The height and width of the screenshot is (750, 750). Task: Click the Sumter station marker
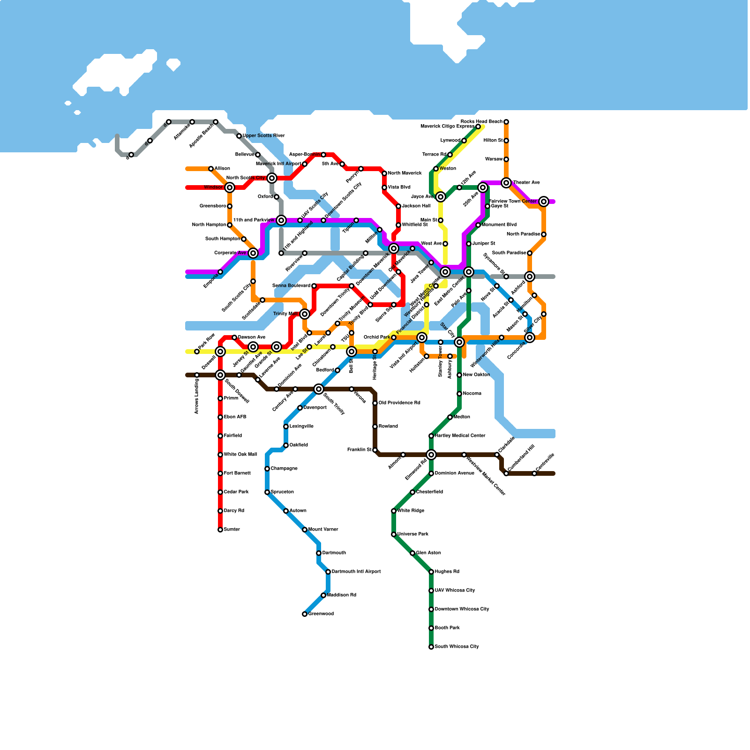pos(220,530)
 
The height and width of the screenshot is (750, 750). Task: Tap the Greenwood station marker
pos(305,614)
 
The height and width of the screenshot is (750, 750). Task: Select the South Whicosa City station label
pos(457,647)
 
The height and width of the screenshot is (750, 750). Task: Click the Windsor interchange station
pos(230,187)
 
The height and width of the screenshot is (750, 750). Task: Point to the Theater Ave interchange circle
pos(506,183)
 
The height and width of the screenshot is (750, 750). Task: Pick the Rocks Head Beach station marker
pos(506,122)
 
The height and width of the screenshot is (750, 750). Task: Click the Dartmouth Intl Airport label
pos(356,572)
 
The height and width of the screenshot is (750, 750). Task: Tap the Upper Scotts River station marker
pos(239,136)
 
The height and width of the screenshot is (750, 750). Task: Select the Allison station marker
pos(211,169)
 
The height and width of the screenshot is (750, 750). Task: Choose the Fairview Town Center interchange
pos(544,202)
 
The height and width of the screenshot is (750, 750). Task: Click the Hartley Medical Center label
pos(460,436)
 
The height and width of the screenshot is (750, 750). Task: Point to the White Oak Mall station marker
pos(220,455)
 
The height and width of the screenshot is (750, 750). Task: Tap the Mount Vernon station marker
pos(305,530)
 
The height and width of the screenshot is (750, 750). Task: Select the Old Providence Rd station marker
pos(375,403)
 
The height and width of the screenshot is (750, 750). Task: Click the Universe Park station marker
pos(394,534)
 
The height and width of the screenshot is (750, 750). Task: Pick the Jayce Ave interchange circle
pos(441,197)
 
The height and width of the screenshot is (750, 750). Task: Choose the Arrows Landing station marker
pos(197,375)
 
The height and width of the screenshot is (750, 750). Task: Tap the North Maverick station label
pos(405,173)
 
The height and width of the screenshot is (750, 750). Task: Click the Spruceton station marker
pos(267,492)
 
